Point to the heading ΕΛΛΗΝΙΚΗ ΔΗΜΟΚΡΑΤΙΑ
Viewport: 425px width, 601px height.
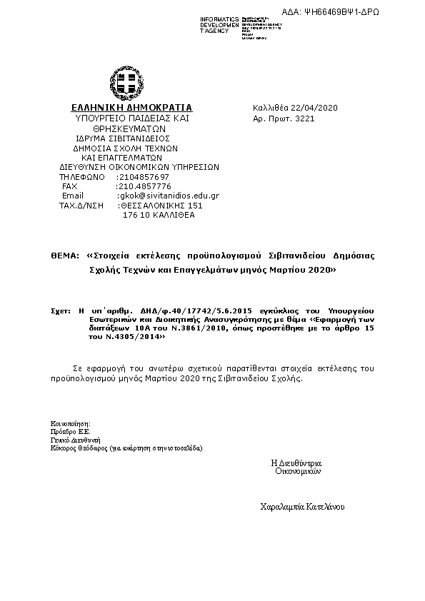click(121, 108)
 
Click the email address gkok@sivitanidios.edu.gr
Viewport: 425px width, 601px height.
click(168, 196)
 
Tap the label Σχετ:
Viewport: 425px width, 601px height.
click(60, 312)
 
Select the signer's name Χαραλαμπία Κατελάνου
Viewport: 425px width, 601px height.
click(303, 506)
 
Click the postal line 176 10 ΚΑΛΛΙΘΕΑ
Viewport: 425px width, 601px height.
click(159, 215)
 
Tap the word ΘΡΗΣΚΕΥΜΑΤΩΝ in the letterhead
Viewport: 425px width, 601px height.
click(121, 128)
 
